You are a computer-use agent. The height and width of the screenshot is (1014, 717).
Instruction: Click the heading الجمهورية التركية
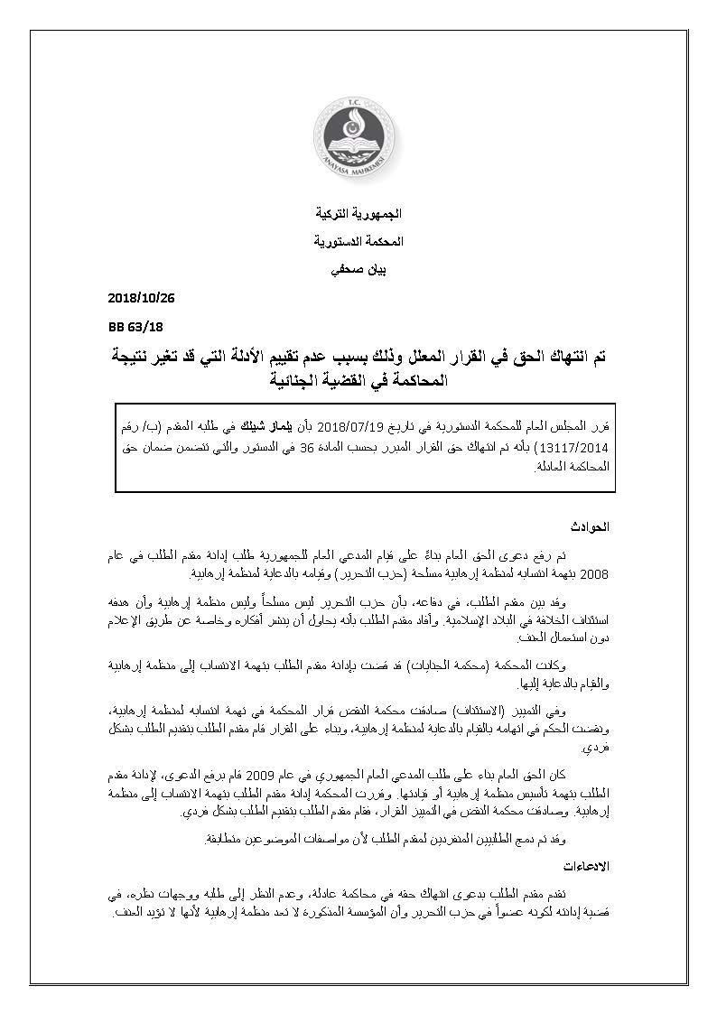point(358,215)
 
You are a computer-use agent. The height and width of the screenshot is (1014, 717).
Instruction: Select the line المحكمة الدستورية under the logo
point(358,242)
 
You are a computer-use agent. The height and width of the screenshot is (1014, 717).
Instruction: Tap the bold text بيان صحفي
point(358,269)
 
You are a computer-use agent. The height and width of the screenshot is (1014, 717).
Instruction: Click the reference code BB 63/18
point(128,326)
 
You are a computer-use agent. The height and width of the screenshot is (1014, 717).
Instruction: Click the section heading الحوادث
point(591,526)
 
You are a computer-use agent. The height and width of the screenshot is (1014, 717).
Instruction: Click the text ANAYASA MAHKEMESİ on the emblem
point(358,177)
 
